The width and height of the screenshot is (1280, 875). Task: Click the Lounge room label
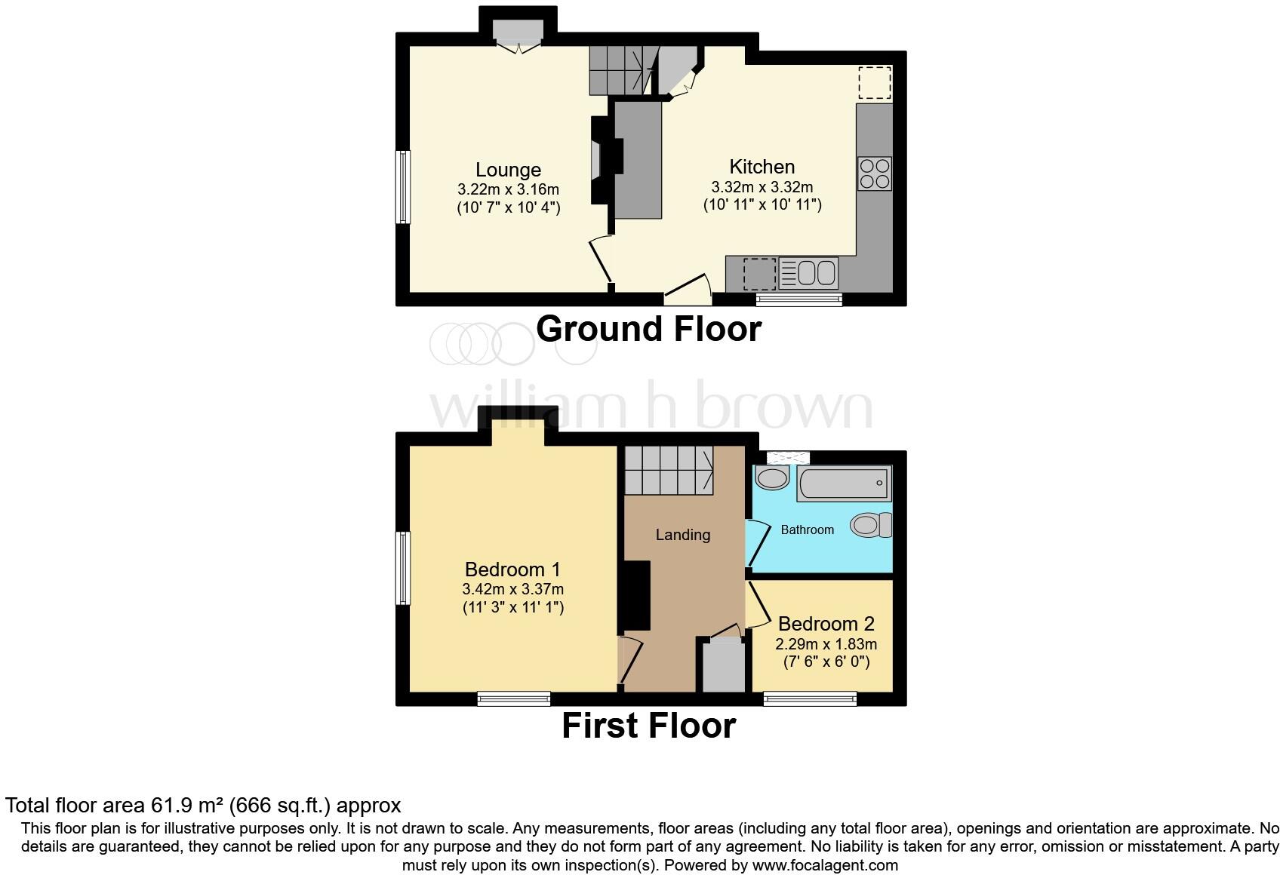pyautogui.click(x=508, y=170)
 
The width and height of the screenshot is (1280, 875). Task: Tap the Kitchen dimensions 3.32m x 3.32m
pyautogui.click(x=762, y=187)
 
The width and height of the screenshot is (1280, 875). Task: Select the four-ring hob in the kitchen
pyautogui.click(x=874, y=173)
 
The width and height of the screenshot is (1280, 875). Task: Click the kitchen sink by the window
pyautogui.click(x=808, y=273)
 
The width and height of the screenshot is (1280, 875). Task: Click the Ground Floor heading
pyautogui.click(x=648, y=330)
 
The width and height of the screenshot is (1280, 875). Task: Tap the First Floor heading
pyautogui.click(x=648, y=726)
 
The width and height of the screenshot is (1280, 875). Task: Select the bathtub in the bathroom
pyautogui.click(x=843, y=484)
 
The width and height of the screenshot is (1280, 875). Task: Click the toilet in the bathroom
pyautogui.click(x=872, y=525)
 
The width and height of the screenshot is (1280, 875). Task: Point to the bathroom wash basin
pyautogui.click(x=772, y=478)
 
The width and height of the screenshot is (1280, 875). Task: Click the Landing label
pyautogui.click(x=682, y=535)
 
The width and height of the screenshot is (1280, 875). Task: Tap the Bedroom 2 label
pyautogui.click(x=826, y=624)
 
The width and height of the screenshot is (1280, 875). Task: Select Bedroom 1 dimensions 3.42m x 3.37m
pyautogui.click(x=512, y=589)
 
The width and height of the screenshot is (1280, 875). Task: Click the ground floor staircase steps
pyautogui.click(x=619, y=70)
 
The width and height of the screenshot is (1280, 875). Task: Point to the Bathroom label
pyautogui.click(x=807, y=530)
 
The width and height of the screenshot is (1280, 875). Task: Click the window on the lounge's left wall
pyautogui.click(x=404, y=187)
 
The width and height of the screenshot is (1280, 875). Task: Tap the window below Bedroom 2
pyautogui.click(x=810, y=698)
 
